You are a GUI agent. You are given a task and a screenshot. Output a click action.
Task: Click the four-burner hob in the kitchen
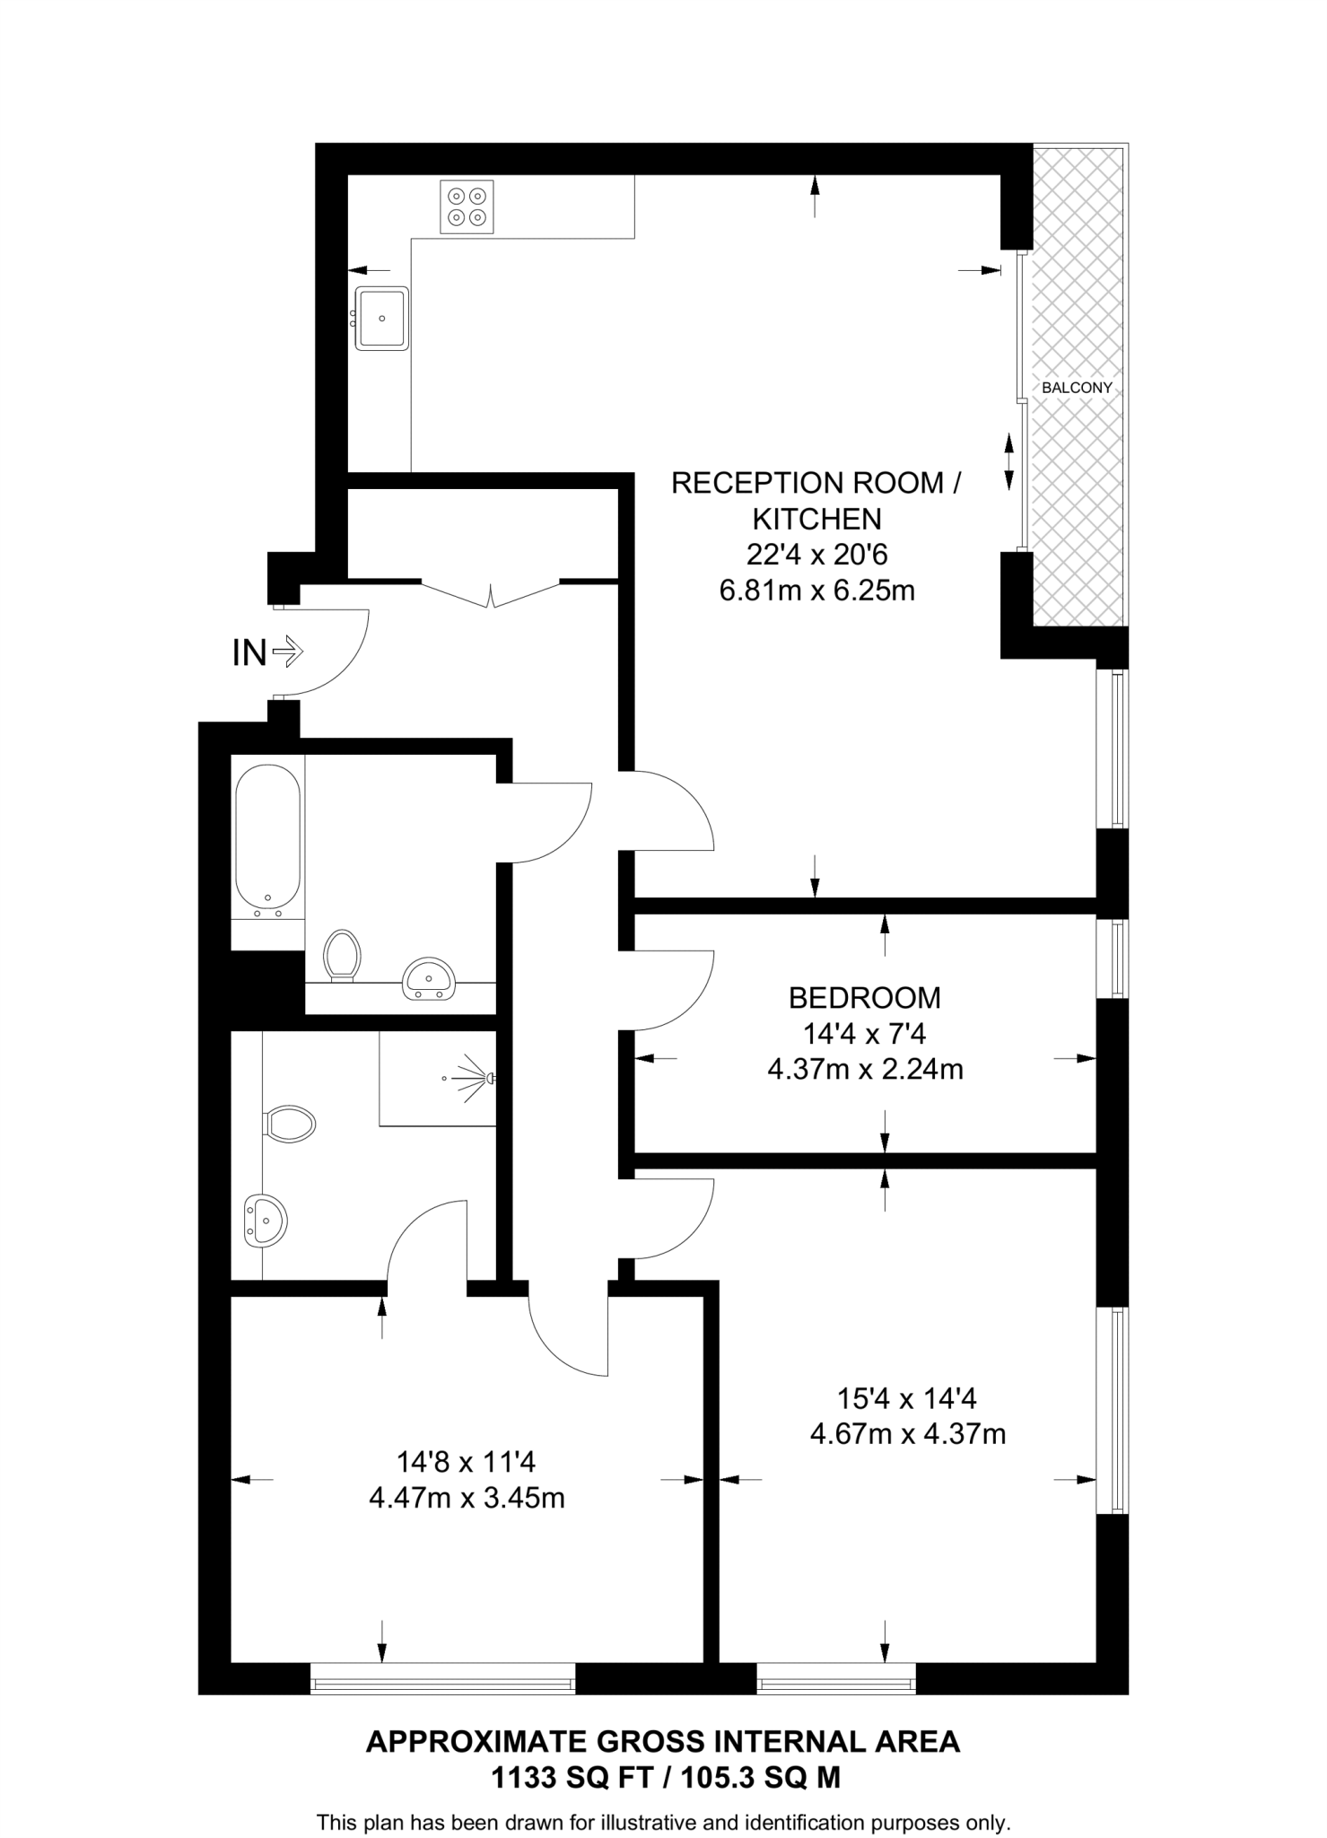(467, 207)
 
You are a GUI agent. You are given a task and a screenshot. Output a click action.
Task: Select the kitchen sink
(382, 318)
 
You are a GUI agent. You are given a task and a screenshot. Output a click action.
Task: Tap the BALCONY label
(1077, 388)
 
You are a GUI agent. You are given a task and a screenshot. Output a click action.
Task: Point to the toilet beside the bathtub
(342, 954)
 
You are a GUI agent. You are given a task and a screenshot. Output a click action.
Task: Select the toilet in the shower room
(289, 1123)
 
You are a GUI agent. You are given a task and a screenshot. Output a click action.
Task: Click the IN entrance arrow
(288, 651)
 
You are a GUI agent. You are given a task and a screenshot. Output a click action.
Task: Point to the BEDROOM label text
(864, 998)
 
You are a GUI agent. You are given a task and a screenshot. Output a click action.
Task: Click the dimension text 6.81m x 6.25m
(816, 591)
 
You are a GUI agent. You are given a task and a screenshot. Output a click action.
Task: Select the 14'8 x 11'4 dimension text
(466, 1462)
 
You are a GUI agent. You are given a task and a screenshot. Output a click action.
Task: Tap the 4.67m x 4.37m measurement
(907, 1434)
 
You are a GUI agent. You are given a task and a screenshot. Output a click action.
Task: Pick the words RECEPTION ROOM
(807, 483)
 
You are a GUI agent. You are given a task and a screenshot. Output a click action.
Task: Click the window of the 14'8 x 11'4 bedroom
(442, 1677)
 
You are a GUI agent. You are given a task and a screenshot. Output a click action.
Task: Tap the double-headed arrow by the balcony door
(1009, 461)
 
